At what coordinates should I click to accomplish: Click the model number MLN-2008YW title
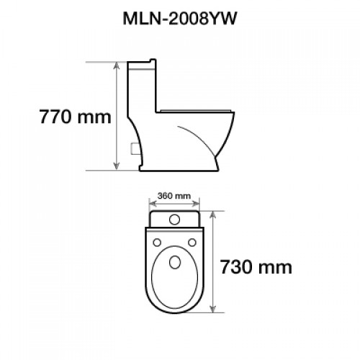tap(180, 19)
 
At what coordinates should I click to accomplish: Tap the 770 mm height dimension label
tap(75, 117)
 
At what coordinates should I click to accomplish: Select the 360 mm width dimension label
tap(174, 196)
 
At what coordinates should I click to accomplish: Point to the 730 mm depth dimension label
tap(256, 267)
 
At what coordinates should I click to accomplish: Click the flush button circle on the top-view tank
tap(174, 220)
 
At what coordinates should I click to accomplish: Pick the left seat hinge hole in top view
tap(157, 243)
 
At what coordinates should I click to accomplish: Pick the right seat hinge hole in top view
tap(192, 243)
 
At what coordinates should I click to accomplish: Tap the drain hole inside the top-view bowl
tap(175, 262)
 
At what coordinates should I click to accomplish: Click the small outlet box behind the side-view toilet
tap(134, 148)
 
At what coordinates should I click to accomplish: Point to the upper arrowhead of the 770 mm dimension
tap(117, 66)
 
